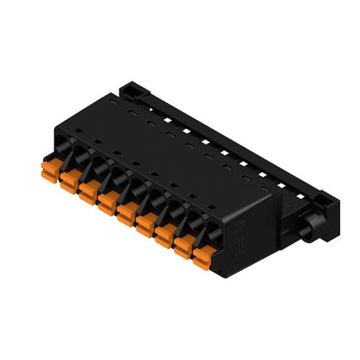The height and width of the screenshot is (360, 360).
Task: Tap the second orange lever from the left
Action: tap(70, 180)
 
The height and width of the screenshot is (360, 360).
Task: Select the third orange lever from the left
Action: tap(88, 190)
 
